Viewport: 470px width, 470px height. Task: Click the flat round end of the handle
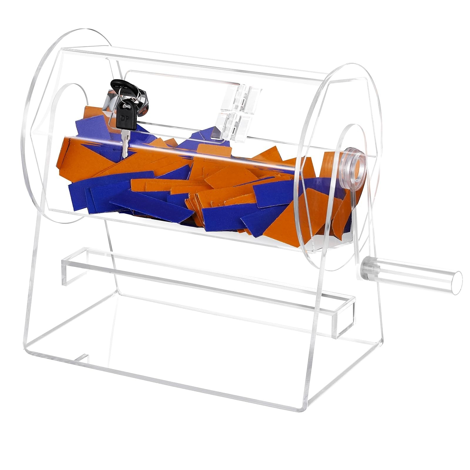[x=456, y=284]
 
